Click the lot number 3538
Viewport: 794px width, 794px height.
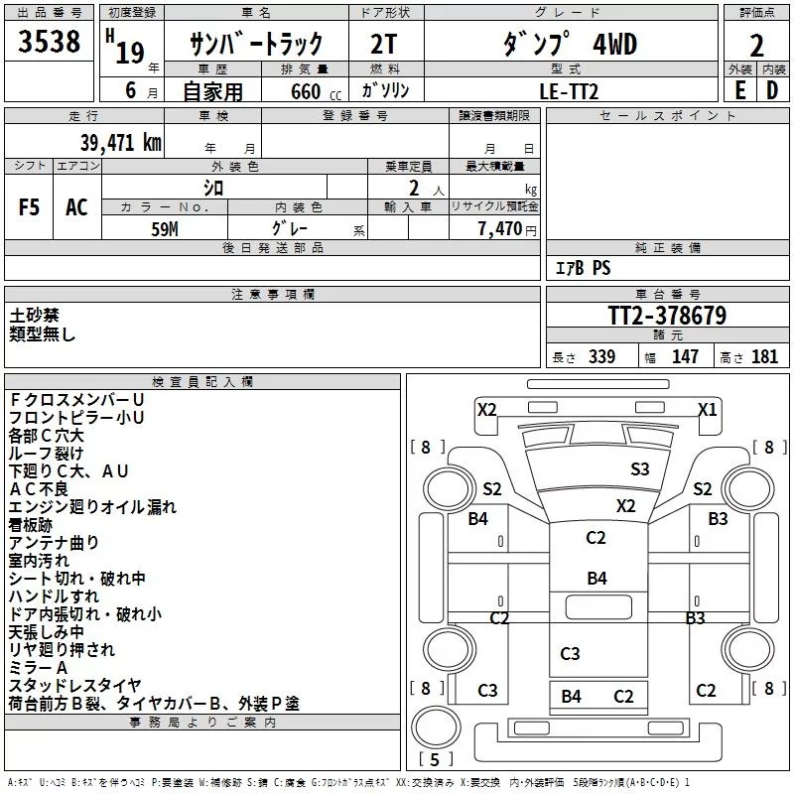(50, 43)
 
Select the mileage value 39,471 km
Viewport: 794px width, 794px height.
(120, 143)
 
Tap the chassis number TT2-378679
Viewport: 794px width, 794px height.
(666, 317)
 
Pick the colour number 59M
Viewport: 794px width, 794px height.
(164, 226)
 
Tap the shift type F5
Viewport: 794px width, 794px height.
(30, 206)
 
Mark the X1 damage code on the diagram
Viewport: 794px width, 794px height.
(707, 409)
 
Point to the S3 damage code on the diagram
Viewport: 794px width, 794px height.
(640, 468)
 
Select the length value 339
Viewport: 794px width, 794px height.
(601, 356)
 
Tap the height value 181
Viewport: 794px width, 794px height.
(764, 356)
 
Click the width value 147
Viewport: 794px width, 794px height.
(685, 356)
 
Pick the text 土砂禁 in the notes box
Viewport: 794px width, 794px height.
(35, 315)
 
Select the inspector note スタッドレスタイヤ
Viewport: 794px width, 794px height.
(74, 685)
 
